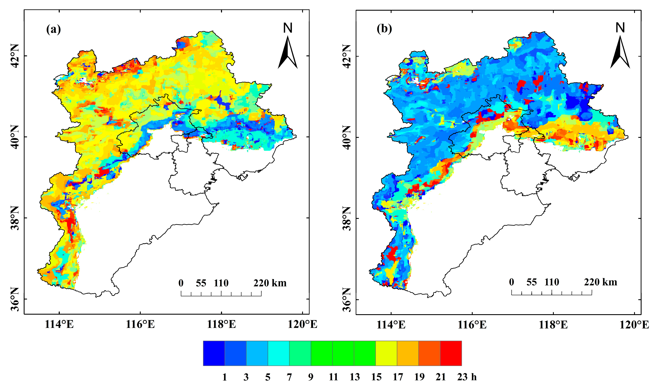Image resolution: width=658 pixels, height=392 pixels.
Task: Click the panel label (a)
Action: [53, 29]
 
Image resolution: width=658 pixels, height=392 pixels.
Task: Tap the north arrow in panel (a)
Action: [288, 53]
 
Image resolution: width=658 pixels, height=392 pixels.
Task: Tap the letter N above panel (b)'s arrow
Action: [620, 28]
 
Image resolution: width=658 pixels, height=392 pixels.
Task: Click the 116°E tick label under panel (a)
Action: [140, 324]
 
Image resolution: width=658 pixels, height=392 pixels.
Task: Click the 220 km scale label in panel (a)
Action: [270, 283]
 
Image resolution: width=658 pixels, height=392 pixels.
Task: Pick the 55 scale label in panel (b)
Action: [532, 282]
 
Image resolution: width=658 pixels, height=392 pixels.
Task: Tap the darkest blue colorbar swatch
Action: [214, 353]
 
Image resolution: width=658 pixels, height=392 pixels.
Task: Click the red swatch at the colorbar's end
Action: [451, 353]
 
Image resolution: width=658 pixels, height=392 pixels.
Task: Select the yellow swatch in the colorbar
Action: [386, 353]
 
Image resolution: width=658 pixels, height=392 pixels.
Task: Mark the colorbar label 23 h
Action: [467, 377]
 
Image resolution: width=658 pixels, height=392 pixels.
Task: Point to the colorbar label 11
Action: [333, 377]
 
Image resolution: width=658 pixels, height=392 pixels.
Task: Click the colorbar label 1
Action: [225, 377]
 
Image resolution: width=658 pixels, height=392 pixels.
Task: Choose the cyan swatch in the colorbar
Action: [278, 353]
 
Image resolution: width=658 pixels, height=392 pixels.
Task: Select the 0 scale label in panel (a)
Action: [181, 283]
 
